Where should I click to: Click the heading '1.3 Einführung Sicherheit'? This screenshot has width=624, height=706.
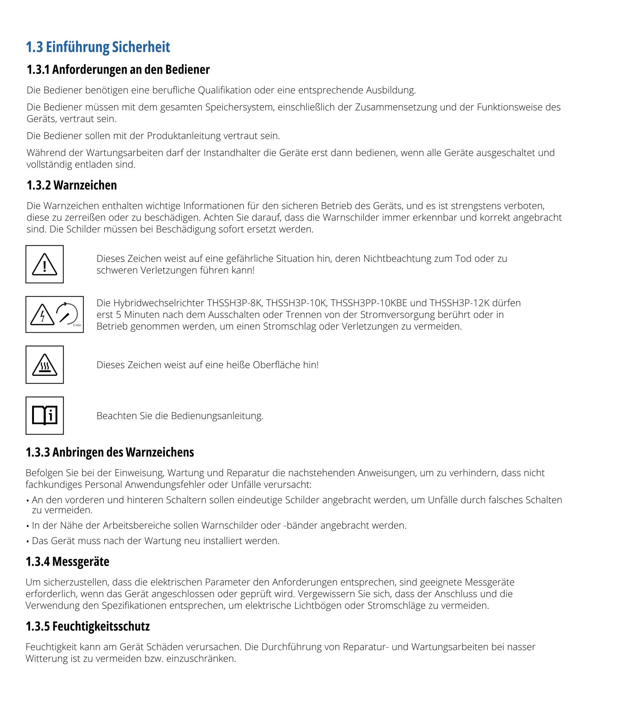point(98,47)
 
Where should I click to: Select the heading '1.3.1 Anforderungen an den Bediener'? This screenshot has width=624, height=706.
point(118,70)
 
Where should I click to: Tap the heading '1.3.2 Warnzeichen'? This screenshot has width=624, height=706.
point(72,185)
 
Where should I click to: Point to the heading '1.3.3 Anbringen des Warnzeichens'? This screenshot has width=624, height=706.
point(110,452)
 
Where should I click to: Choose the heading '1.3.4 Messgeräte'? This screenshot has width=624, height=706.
point(67,562)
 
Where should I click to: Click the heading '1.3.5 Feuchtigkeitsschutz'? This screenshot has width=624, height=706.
point(88,626)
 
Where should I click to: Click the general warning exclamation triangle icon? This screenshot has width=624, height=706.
point(45,264)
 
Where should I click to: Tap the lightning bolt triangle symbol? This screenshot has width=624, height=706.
point(42,314)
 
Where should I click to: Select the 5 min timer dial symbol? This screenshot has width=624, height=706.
point(67,314)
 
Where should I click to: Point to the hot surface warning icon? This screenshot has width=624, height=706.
point(45,365)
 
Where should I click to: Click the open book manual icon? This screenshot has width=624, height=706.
point(45,416)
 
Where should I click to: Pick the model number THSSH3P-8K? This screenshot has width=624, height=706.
point(234,303)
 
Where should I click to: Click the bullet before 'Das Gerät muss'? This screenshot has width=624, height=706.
point(28,541)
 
